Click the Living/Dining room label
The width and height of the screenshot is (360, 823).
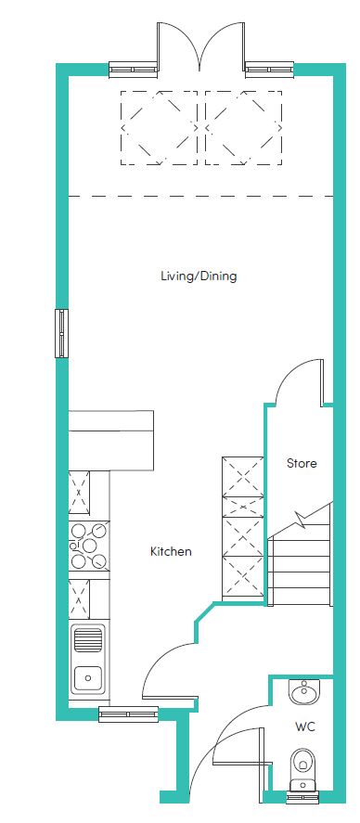click(x=199, y=276)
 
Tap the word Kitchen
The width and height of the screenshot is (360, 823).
click(x=171, y=552)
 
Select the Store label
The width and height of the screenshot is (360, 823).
click(x=302, y=464)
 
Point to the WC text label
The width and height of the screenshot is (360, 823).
click(x=305, y=727)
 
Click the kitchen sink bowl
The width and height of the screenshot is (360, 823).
click(x=87, y=678)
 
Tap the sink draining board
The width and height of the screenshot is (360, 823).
click(x=87, y=640)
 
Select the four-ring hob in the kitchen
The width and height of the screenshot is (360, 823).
click(x=89, y=546)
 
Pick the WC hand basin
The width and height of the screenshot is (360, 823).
click(x=302, y=693)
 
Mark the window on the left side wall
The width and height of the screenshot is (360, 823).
click(x=62, y=333)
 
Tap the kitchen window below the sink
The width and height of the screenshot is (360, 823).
click(x=129, y=714)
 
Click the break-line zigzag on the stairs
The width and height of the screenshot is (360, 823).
click(x=301, y=520)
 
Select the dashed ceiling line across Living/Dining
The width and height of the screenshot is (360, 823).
click(x=200, y=197)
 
